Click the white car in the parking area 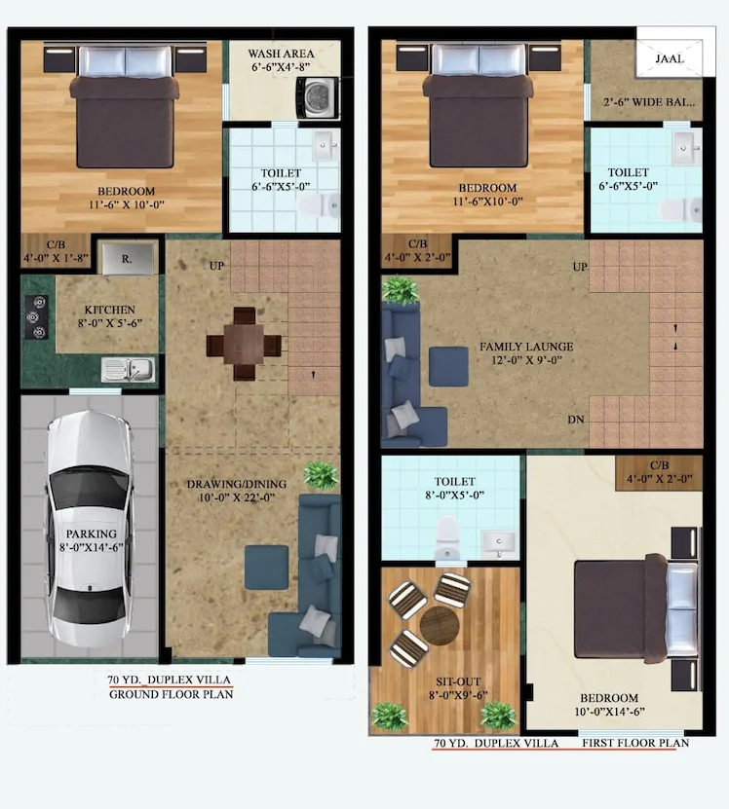(x=89, y=528)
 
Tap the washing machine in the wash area (x=317, y=97)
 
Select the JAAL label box (x=670, y=58)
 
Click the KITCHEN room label (x=109, y=310)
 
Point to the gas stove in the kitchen (x=37, y=316)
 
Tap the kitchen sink (x=128, y=369)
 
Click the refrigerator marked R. (x=127, y=259)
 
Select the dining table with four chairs (x=244, y=344)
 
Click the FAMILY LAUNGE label (x=526, y=347)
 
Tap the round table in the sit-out (x=440, y=625)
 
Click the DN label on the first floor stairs (x=576, y=420)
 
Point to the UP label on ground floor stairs (x=216, y=266)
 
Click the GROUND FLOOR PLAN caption (x=171, y=694)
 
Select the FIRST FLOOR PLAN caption (x=635, y=743)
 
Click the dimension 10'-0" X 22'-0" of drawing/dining (x=237, y=497)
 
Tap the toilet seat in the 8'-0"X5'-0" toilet (x=447, y=537)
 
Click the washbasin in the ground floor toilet (x=325, y=145)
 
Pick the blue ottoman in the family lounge (x=448, y=366)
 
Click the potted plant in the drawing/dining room (x=321, y=475)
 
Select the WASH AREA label (x=281, y=54)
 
